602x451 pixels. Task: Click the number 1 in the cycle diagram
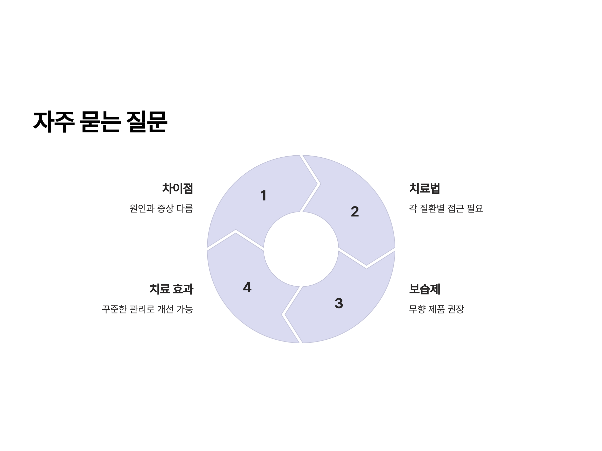click(263, 195)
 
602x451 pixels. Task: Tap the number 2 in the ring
click(355, 211)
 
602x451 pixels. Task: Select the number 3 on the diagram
click(339, 303)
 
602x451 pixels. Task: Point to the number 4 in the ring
click(247, 287)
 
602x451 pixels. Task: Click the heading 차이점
click(177, 188)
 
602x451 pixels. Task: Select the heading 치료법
click(425, 188)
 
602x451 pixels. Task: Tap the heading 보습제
click(425, 289)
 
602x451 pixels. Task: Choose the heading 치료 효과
click(172, 289)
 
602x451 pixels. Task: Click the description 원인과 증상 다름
click(161, 208)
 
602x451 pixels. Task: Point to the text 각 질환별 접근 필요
click(446, 208)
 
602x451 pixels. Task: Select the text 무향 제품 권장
click(436, 309)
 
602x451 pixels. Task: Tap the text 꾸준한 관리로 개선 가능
click(147, 309)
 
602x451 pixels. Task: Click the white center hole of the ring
click(301, 249)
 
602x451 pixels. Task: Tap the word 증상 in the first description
click(165, 208)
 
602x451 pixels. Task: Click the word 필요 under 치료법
click(475, 208)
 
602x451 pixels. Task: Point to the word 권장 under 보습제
click(456, 309)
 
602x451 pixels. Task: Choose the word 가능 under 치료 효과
click(185, 309)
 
